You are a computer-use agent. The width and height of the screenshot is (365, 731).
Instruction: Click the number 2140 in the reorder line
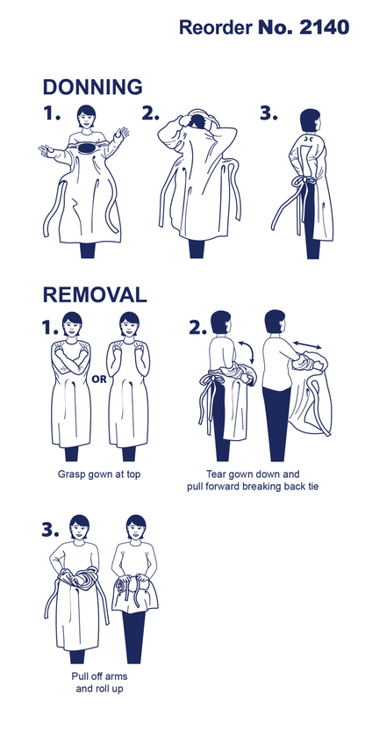click(x=324, y=27)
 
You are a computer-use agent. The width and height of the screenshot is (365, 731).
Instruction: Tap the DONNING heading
click(x=93, y=87)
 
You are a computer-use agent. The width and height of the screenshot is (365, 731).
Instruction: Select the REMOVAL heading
click(x=95, y=294)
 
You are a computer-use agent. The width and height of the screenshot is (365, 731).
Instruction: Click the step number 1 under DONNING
click(x=52, y=113)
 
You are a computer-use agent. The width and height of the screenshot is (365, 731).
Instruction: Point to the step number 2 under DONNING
click(x=150, y=113)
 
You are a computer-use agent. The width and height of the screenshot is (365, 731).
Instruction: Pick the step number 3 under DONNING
click(x=268, y=113)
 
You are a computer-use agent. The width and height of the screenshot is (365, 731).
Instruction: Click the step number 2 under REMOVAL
click(x=198, y=328)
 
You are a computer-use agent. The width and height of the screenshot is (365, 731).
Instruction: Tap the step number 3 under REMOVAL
click(x=51, y=530)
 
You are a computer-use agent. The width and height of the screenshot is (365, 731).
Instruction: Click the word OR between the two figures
click(x=99, y=379)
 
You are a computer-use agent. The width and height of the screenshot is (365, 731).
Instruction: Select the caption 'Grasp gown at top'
click(x=99, y=474)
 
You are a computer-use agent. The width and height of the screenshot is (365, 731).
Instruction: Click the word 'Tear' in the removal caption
click(x=216, y=474)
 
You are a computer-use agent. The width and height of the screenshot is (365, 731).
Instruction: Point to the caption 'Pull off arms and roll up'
click(x=99, y=682)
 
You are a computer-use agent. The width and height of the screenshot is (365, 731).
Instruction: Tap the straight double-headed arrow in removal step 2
click(x=307, y=345)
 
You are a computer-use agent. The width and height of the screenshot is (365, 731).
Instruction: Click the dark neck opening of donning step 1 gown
click(x=88, y=148)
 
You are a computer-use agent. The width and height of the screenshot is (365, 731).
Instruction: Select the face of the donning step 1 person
click(x=87, y=119)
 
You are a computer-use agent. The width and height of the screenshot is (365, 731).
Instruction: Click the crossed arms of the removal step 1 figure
click(x=71, y=360)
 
